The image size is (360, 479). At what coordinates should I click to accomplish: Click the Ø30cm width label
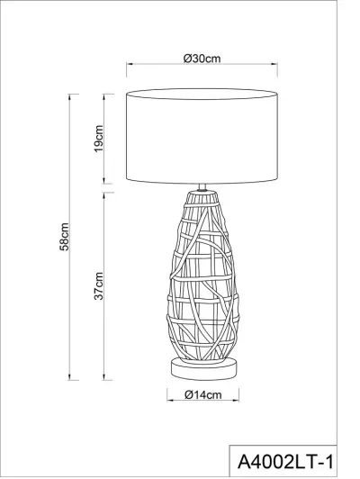pyautogui.click(x=202, y=58)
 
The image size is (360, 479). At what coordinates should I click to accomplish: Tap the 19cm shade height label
pyautogui.click(x=100, y=140)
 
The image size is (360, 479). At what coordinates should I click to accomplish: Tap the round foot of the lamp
pyautogui.click(x=202, y=367)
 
